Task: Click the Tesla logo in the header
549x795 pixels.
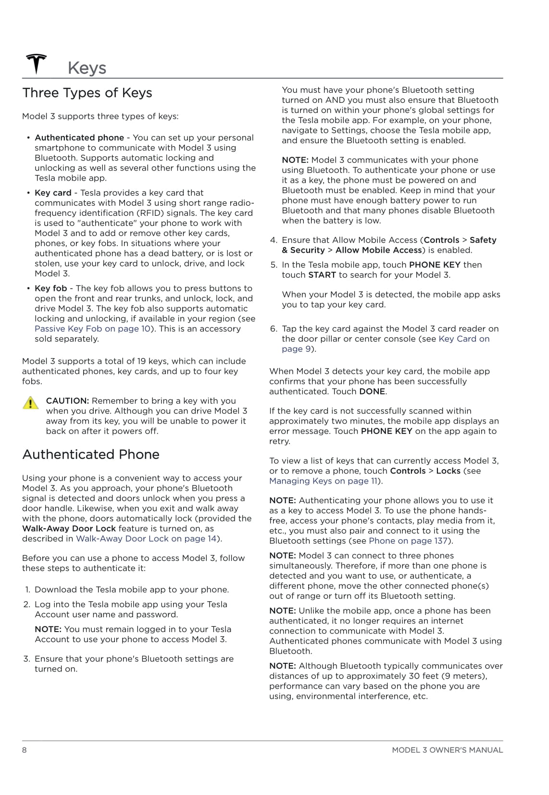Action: coord(36,64)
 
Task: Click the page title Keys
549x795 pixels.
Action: coord(87,68)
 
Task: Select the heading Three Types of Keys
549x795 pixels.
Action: coord(87,93)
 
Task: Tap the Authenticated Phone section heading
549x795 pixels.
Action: coord(91,454)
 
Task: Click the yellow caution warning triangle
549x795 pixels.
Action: coord(31,403)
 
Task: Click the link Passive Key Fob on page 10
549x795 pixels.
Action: coord(93,329)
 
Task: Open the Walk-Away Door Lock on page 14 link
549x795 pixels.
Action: coord(147,538)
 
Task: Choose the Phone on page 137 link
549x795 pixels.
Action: coord(408,541)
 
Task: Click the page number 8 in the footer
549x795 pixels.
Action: coord(25,750)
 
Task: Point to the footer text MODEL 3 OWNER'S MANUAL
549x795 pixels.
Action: coord(447,750)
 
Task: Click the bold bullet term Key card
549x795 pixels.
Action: coord(53,193)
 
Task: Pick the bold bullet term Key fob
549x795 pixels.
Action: coord(50,288)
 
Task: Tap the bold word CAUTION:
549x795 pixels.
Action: coord(67,401)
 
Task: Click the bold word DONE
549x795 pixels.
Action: coord(372,391)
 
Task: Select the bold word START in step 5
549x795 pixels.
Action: coord(322,275)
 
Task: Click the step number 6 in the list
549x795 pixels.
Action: coord(274,329)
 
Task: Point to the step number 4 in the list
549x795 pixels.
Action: coord(274,240)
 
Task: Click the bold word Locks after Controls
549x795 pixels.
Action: coord(448,471)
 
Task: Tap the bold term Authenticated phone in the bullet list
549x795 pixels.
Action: coord(79,137)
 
